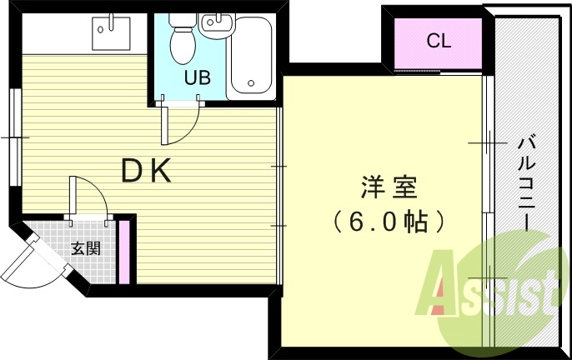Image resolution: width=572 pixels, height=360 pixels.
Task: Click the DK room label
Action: coord(146,170)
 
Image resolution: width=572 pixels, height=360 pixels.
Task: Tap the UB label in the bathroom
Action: coord(198,77)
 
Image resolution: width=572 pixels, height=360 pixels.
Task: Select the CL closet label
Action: coord(439,41)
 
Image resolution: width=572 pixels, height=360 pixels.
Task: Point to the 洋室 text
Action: coord(389,187)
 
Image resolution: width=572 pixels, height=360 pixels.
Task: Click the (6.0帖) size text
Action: coord(389,222)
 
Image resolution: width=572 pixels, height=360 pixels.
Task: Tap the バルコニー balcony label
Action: coord(527,183)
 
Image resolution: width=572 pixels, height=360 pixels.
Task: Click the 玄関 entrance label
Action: coord(85,248)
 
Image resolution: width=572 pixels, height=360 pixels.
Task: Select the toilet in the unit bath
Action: coord(183,38)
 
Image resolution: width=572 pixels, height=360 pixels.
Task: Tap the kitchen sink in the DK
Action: coord(111,33)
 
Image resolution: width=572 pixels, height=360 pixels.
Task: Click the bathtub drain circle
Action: coord(251,83)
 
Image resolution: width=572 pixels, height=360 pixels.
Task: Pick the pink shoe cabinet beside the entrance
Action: coord(124,252)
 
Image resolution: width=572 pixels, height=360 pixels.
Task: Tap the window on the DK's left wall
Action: coord(16,137)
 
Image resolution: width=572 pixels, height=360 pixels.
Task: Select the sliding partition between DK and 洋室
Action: coord(279,196)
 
